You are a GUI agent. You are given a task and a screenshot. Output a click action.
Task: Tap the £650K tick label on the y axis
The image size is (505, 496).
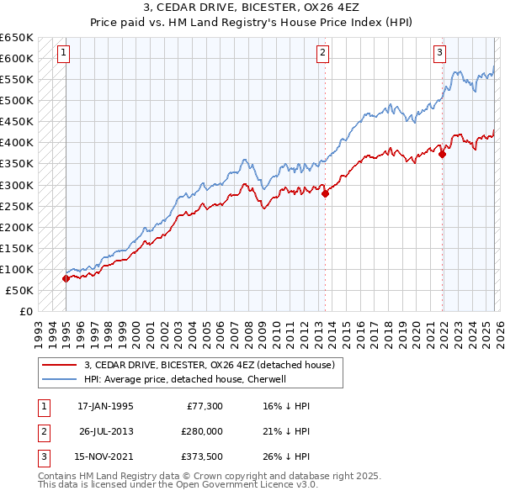[x=17, y=38]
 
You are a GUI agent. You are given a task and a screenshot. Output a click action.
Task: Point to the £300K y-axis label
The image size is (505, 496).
[x=17, y=185]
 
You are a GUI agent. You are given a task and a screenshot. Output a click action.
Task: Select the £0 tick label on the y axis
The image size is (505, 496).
[x=26, y=312]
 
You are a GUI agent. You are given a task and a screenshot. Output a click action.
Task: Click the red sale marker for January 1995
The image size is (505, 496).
[x=66, y=278]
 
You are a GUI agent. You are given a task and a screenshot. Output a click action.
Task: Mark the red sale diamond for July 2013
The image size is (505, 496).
[x=325, y=193]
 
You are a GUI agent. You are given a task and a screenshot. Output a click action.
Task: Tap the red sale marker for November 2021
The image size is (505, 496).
[x=442, y=154]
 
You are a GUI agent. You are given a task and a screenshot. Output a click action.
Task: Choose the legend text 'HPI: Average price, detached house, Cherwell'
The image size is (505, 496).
[x=185, y=379]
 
